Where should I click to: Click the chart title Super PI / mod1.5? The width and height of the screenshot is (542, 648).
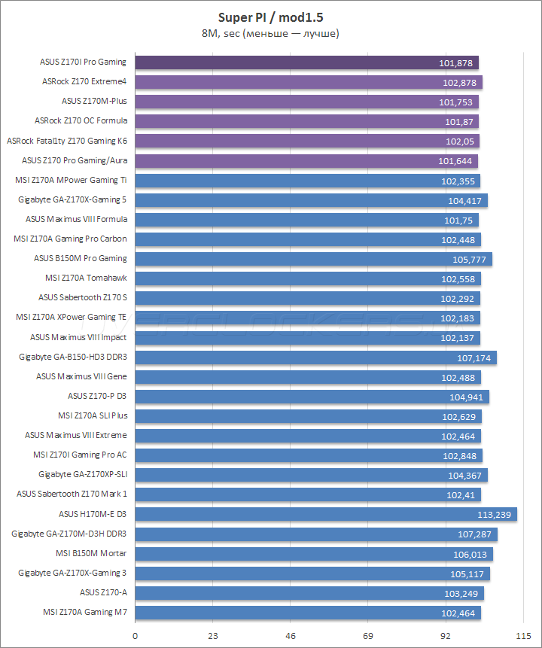click(x=270, y=16)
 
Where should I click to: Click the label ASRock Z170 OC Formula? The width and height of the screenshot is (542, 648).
click(x=81, y=120)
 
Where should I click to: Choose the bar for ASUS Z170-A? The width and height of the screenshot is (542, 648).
click(x=309, y=593)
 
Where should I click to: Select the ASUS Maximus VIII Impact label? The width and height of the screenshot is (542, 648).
click(x=78, y=337)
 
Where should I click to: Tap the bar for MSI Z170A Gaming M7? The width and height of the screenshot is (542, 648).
click(x=308, y=613)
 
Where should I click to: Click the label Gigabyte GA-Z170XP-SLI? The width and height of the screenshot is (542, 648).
click(x=82, y=474)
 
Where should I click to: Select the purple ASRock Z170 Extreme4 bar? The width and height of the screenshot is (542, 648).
click(x=309, y=82)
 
